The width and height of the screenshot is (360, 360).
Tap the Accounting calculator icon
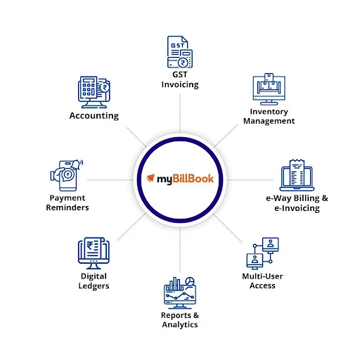[x=94, y=92]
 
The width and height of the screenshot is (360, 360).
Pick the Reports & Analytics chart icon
[x=179, y=291]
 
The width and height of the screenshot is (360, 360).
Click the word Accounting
[x=94, y=115]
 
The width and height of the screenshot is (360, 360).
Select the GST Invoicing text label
[x=179, y=79]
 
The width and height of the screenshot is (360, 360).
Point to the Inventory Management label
[x=269, y=116]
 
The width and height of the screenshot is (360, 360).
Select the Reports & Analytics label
[x=179, y=320]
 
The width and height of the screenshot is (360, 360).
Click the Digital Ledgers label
[x=94, y=281]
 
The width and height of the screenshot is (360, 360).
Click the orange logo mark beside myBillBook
[x=150, y=179]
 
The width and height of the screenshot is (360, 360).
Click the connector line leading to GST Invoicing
[x=179, y=112]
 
